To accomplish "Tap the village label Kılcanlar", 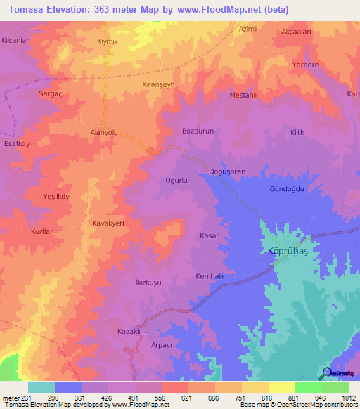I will point(15,41).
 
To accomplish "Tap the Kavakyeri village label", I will point(108,223).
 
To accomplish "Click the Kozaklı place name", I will point(131,331).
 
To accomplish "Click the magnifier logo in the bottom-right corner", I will point(327,373).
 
